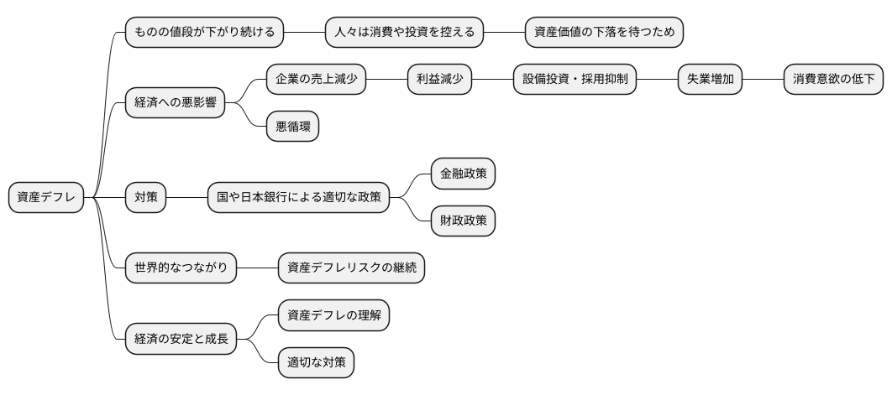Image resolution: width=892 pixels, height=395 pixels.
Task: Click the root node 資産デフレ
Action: (45, 198)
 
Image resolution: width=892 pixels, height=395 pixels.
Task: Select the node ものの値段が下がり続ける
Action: (204, 33)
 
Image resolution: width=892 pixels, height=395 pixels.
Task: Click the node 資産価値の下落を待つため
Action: (604, 33)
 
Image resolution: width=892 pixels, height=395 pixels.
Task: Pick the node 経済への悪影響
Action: (175, 103)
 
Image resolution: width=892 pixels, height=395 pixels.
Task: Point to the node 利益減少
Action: (439, 80)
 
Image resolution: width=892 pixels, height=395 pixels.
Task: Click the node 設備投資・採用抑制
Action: (575, 80)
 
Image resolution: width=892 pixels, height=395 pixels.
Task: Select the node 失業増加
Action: (710, 80)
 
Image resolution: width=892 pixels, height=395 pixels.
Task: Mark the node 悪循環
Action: (292, 127)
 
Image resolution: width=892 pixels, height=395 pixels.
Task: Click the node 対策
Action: (145, 198)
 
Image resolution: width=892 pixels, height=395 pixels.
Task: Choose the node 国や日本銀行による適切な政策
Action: (298, 198)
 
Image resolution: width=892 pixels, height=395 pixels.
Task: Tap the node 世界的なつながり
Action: (181, 268)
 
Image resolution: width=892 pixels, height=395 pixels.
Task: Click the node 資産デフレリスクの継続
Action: (352, 268)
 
